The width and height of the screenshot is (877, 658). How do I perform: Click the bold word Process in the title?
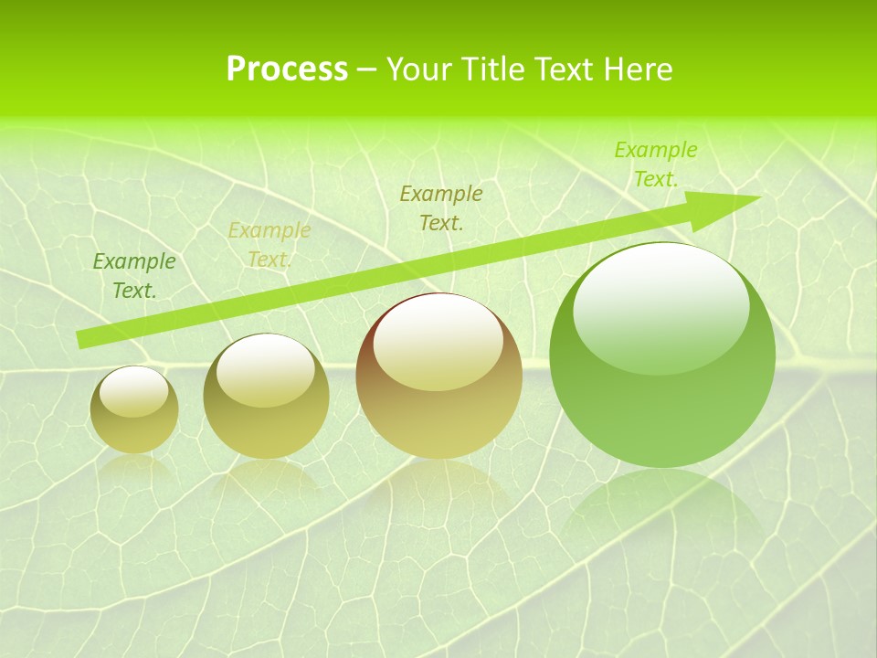(287, 69)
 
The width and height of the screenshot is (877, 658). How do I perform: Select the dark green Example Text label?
(134, 276)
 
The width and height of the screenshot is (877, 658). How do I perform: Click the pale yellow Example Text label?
(269, 245)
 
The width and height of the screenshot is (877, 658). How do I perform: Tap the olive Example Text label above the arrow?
(441, 207)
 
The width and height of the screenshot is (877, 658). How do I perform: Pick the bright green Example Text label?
(655, 164)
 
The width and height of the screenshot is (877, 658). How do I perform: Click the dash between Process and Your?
(367, 70)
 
